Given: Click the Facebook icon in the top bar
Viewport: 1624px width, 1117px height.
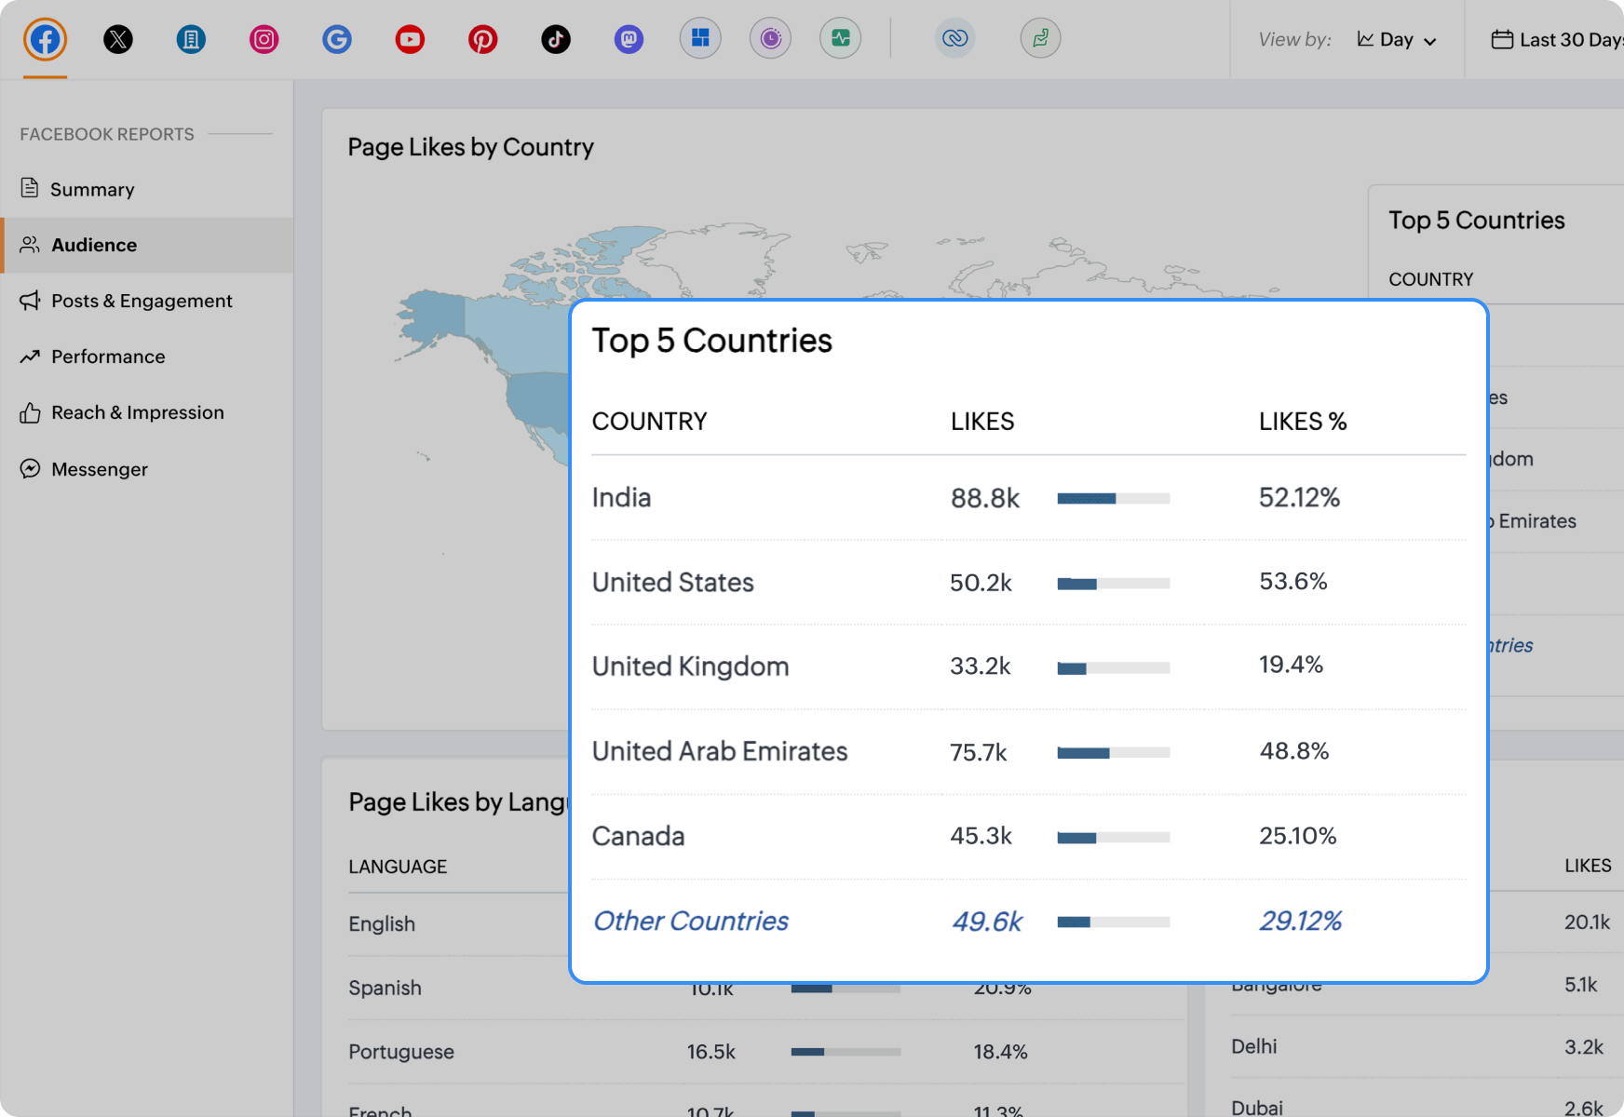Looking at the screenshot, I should [x=45, y=39].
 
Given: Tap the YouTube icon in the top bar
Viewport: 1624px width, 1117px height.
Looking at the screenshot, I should [x=410, y=39].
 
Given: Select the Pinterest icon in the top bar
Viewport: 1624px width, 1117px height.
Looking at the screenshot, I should [x=482, y=39].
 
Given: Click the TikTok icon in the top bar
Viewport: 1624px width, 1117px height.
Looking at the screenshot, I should [x=556, y=39].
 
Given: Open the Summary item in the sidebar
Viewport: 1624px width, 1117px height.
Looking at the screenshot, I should [x=91, y=189].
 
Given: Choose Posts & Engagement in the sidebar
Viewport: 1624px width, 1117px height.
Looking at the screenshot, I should [x=142, y=301].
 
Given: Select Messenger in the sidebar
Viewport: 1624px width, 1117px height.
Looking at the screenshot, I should [x=99, y=469].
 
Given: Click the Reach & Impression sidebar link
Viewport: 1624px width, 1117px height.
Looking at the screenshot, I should [x=137, y=412].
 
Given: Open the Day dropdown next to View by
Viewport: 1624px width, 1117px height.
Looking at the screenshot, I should [x=1397, y=40].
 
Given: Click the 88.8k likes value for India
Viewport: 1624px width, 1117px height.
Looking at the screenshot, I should [x=984, y=498].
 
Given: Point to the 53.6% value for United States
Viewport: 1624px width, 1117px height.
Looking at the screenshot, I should [x=1292, y=582].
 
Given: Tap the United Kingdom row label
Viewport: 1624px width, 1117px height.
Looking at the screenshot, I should [x=690, y=666].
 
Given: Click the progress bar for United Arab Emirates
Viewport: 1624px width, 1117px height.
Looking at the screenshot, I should [x=1113, y=752].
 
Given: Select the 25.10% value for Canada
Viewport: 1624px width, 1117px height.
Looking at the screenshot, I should [x=1297, y=836].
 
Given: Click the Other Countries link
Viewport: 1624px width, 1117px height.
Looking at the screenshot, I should [x=690, y=921].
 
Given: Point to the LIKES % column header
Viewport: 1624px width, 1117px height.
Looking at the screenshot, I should [x=1302, y=422].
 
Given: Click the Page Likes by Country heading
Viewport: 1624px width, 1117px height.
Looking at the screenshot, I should [x=470, y=147].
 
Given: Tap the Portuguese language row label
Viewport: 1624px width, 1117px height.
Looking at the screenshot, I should [x=400, y=1052].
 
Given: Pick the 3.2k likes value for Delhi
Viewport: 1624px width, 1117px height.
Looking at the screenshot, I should [x=1583, y=1046].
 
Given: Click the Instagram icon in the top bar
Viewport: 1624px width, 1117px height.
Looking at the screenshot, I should [x=264, y=39].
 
